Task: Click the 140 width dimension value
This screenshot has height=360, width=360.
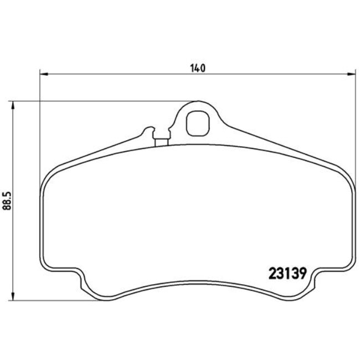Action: pos(198,69)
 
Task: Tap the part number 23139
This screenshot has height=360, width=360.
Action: pos(287,273)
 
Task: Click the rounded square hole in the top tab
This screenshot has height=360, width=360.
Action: pos(197,123)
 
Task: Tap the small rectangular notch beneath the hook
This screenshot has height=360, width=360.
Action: pos(162,142)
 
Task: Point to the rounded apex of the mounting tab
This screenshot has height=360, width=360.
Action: pos(198,103)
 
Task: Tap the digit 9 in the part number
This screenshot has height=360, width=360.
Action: pos(302,273)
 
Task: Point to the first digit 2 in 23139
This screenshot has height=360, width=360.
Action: pos(272,273)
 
